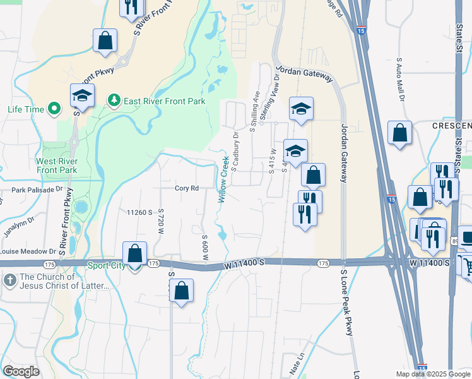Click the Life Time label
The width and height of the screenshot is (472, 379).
coord(26,109)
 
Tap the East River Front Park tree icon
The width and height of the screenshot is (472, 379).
coord(114,100)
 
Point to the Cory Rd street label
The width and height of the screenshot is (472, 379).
coord(187,188)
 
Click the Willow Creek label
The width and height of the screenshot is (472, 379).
coord(223,179)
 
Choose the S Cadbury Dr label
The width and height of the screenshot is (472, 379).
coord(234,151)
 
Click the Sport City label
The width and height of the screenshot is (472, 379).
coord(106,266)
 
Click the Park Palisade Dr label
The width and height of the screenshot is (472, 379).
coord(37,189)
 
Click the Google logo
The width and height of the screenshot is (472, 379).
coord(21,371)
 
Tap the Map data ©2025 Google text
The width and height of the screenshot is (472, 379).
coord(432,374)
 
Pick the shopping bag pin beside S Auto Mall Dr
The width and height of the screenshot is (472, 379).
coord(399,134)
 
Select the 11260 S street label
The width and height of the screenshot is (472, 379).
coord(140,213)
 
